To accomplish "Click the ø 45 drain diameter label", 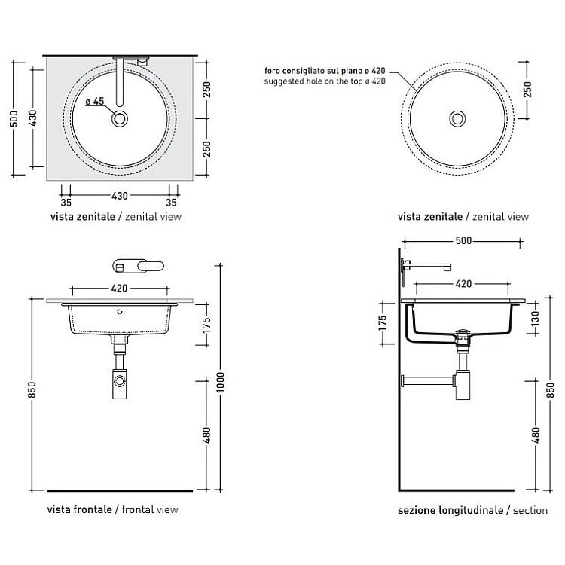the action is pyautogui.click(x=95, y=102).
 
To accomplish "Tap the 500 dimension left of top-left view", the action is pyautogui.click(x=14, y=118).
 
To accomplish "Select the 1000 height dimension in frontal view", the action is pyautogui.click(x=220, y=382).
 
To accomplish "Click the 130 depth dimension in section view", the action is pyautogui.click(x=536, y=318).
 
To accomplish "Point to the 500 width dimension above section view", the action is pyautogui.click(x=463, y=241).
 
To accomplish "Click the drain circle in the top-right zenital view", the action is pyautogui.click(x=457, y=118).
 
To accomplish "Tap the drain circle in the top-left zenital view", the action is pyautogui.click(x=120, y=118).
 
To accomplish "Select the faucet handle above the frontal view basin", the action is pyautogui.click(x=139, y=266).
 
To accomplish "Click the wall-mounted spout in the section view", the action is pyautogui.click(x=426, y=266).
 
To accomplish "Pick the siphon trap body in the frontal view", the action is pyautogui.click(x=119, y=383).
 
